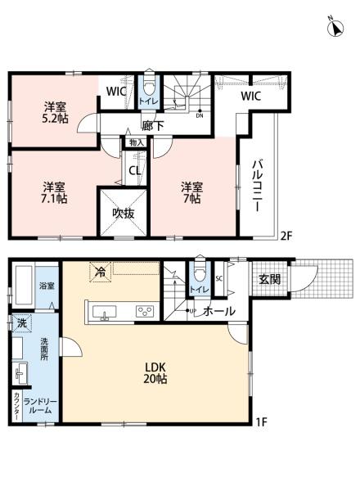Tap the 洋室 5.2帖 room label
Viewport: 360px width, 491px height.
click(x=56, y=111)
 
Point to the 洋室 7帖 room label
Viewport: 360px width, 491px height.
click(x=192, y=191)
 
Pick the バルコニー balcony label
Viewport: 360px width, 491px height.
click(x=256, y=187)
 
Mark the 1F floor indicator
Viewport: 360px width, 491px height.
click(x=260, y=422)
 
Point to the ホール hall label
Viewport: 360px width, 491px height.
click(x=218, y=311)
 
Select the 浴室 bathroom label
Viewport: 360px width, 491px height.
click(x=47, y=286)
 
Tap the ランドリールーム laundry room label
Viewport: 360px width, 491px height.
click(x=39, y=405)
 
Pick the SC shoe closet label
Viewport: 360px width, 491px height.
click(x=219, y=278)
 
